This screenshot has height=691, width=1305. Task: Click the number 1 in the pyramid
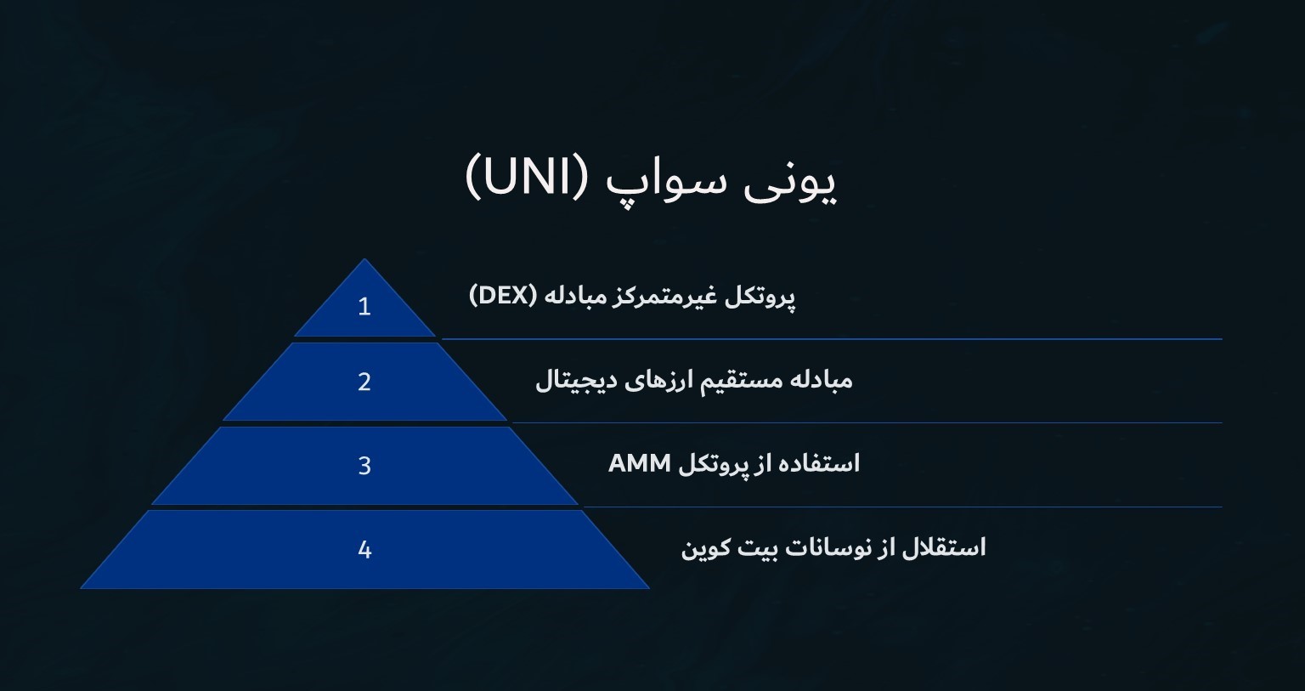pos(364,306)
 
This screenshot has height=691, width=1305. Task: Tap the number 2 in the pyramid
pos(364,382)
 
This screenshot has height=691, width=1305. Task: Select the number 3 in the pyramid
pos(364,466)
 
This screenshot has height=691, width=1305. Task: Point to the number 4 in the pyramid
pos(364,550)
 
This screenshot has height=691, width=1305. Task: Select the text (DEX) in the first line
pos(503,296)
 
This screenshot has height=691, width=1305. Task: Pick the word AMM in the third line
pos(640,463)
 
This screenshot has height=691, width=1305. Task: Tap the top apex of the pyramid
pos(364,261)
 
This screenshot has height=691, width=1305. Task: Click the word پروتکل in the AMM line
pos(715,464)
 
